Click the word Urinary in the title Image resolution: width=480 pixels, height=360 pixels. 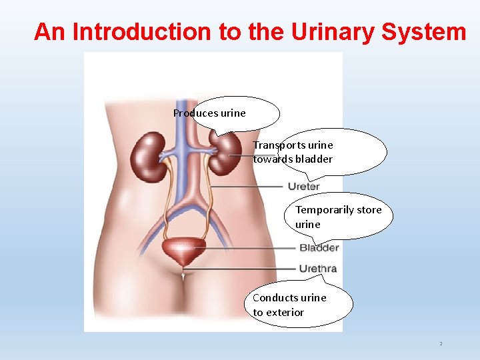(329, 31)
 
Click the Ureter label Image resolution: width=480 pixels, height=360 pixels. (304, 186)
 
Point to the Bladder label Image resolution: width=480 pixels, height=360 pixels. (319, 248)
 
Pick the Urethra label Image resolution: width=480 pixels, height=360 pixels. (317, 269)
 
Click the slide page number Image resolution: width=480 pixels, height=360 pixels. (441, 344)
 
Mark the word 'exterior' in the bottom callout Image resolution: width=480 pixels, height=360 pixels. (285, 312)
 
